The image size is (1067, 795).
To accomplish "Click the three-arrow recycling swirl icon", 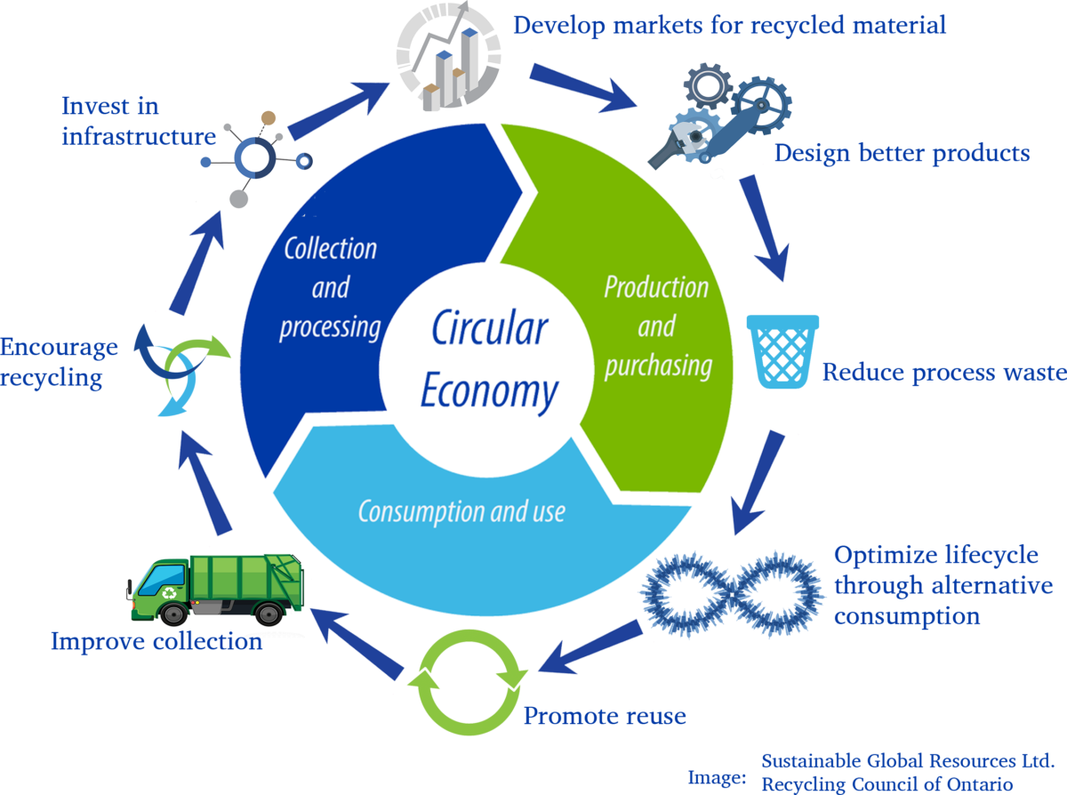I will (x=181, y=368).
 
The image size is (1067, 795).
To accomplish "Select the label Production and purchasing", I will (x=657, y=326).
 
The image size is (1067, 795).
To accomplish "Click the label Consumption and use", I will (x=461, y=511).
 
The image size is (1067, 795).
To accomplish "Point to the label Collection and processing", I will (x=330, y=287).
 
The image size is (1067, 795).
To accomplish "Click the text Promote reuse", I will (x=605, y=716).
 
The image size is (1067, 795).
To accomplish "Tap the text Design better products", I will (x=902, y=154).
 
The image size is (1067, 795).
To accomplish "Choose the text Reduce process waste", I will (x=943, y=372).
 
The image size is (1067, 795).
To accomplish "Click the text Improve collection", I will (x=156, y=641).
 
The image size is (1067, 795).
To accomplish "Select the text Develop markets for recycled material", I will (x=729, y=25).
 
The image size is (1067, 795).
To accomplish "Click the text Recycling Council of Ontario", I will (x=886, y=784).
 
